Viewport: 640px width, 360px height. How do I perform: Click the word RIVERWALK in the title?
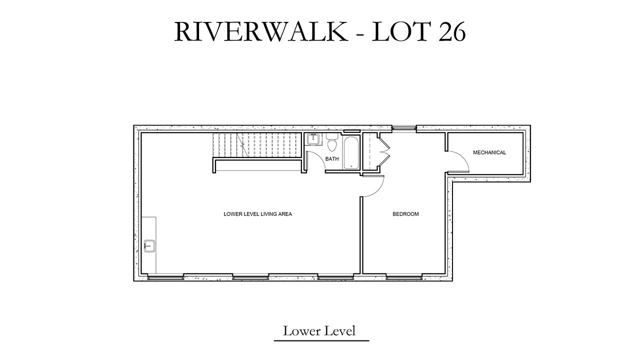tap(261, 31)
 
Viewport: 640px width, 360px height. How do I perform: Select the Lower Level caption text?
tap(319, 331)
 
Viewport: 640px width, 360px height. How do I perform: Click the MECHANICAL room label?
tap(489, 152)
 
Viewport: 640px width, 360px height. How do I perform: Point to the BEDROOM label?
tap(405, 214)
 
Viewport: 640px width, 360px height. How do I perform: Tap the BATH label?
tap(332, 159)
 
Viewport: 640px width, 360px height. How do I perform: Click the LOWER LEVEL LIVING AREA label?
tap(257, 214)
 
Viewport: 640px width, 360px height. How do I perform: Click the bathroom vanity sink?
tap(313, 139)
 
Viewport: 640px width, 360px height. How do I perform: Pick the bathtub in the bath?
tap(351, 153)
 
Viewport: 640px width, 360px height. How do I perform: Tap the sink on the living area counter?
tap(149, 246)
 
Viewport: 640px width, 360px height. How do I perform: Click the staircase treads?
tap(257, 145)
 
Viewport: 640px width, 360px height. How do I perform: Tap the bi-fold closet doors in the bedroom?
tap(384, 153)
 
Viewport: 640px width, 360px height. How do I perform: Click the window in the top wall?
tap(403, 128)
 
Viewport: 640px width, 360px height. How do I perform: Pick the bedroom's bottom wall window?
tap(404, 277)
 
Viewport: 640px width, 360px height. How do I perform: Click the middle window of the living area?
tap(250, 277)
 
